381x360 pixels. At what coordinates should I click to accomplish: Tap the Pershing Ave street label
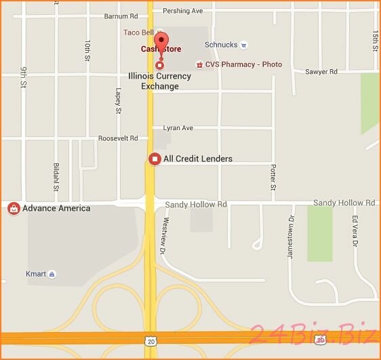pyautogui.click(x=183, y=12)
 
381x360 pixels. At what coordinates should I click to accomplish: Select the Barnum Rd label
pyautogui.click(x=121, y=16)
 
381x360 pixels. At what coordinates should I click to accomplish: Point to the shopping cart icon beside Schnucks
pyautogui.click(x=245, y=45)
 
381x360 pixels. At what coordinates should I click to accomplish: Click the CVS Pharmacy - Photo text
pyautogui.click(x=243, y=65)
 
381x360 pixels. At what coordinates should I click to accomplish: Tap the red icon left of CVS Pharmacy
pyautogui.click(x=199, y=65)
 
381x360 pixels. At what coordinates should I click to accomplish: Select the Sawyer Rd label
pyautogui.click(x=321, y=72)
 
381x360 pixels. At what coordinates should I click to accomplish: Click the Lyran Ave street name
pyautogui.click(x=178, y=128)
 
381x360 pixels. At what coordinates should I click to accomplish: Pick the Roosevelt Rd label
pyautogui.click(x=118, y=138)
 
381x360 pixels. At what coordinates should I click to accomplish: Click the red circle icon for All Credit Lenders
pyautogui.click(x=155, y=159)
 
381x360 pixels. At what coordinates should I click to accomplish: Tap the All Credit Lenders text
pyautogui.click(x=197, y=159)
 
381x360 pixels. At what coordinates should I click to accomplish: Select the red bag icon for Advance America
pyautogui.click(x=14, y=208)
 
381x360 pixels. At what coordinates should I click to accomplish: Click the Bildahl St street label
pyautogui.click(x=56, y=177)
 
